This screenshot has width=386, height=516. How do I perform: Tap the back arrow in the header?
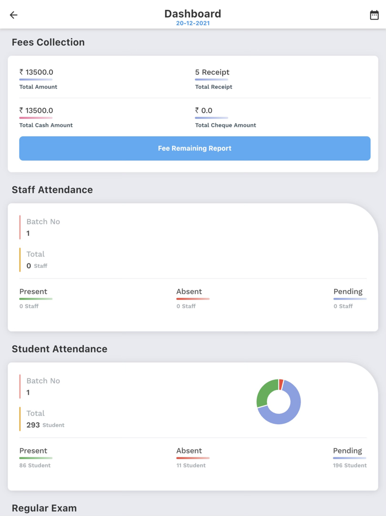pyautogui.click(x=14, y=15)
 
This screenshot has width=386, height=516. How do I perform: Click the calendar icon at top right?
pyautogui.click(x=374, y=15)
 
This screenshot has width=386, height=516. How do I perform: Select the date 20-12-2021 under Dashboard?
pyautogui.click(x=193, y=23)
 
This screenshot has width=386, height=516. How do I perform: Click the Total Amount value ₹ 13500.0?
pyautogui.click(x=36, y=72)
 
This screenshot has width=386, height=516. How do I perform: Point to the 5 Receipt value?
pyautogui.click(x=212, y=72)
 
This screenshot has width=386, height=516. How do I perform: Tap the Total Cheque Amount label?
pyautogui.click(x=226, y=125)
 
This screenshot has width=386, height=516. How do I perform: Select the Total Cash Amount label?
pyautogui.click(x=46, y=125)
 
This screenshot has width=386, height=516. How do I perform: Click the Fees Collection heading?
pyautogui.click(x=48, y=43)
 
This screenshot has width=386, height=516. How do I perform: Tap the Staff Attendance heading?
pyautogui.click(x=52, y=190)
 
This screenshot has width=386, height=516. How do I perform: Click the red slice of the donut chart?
pyautogui.click(x=281, y=384)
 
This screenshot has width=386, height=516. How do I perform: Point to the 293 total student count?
pyautogui.click(x=33, y=425)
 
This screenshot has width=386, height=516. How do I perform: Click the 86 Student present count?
pyautogui.click(x=35, y=466)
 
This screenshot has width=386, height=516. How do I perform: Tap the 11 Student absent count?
pyautogui.click(x=191, y=466)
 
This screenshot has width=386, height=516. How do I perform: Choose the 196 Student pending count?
pyautogui.click(x=350, y=466)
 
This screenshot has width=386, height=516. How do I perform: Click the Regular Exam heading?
pyautogui.click(x=44, y=508)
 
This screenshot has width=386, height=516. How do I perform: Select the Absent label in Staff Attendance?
pyautogui.click(x=189, y=292)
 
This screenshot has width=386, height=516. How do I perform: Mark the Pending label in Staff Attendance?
pyautogui.click(x=348, y=292)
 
